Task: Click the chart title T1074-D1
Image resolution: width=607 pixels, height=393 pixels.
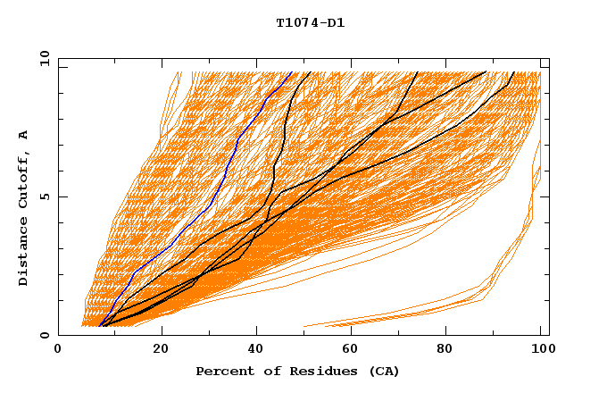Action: [310, 22]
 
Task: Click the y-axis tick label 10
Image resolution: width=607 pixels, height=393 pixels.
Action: [43, 58]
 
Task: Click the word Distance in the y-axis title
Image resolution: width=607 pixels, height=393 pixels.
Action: [24, 251]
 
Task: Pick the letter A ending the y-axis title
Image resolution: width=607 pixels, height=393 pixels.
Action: [24, 134]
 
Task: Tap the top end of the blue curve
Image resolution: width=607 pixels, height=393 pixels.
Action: [292, 72]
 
